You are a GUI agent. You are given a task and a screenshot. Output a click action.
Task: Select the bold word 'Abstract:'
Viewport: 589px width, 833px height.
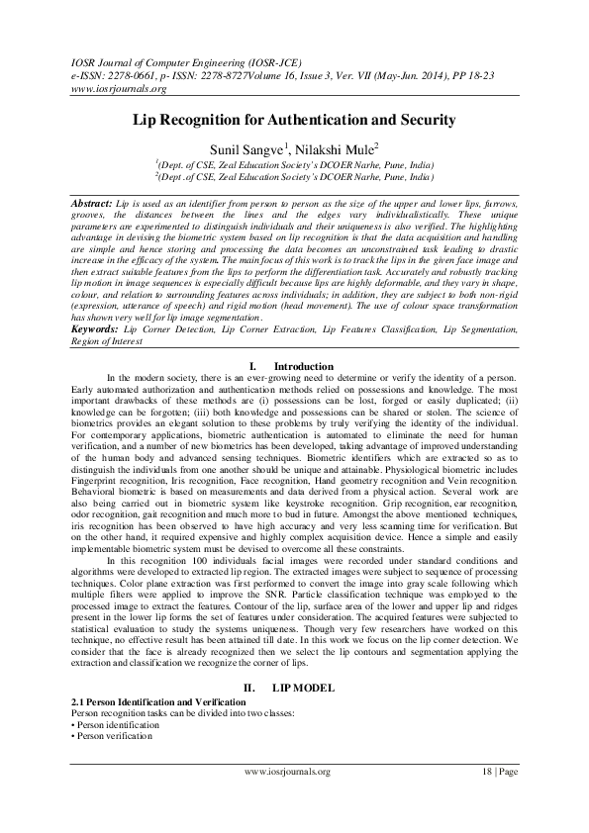(x=92, y=201)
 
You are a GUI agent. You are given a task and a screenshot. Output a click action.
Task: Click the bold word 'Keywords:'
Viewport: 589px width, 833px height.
(x=96, y=326)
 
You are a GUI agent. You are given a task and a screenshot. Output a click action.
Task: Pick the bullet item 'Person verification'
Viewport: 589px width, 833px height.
(x=112, y=736)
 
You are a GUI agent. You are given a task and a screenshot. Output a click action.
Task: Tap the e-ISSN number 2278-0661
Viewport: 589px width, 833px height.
(x=131, y=73)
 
